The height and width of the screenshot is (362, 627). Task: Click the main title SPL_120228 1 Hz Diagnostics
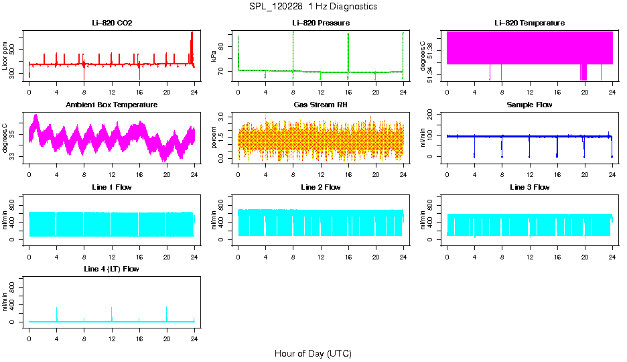point(313,7)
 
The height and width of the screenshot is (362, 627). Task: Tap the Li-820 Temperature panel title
point(529,23)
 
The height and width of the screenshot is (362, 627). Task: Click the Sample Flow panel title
point(529,105)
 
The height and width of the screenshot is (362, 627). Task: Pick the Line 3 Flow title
point(529,187)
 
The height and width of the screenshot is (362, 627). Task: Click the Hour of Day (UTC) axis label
point(313,353)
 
